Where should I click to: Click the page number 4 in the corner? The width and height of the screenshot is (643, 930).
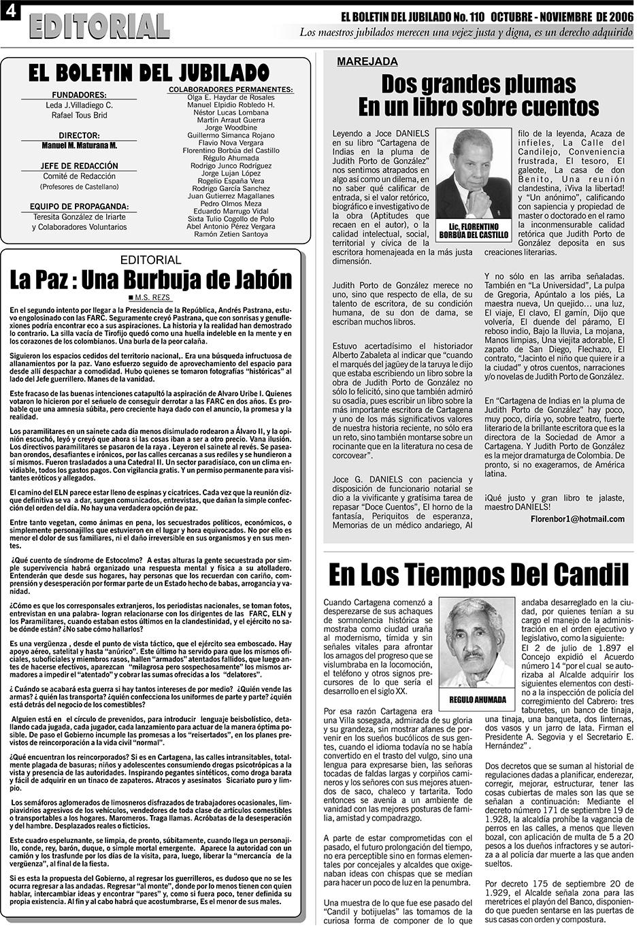tap(10, 12)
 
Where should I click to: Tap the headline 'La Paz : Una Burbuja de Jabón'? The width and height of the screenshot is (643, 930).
tap(150, 280)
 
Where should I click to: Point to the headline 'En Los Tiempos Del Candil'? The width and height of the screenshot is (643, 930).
tap(478, 575)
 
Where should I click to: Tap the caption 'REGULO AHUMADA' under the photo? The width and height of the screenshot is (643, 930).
tap(478, 699)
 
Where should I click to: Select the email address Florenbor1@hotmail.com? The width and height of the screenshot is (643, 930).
tap(577, 519)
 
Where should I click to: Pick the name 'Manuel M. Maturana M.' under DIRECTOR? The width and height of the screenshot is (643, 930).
tap(79, 146)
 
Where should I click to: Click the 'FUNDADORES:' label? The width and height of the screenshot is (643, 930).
tap(79, 95)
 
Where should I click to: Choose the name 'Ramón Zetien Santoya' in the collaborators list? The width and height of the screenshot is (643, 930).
tap(231, 234)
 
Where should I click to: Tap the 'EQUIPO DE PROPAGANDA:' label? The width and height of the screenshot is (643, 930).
tap(79, 206)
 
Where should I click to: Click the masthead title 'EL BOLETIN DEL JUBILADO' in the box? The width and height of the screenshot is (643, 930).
tap(150, 73)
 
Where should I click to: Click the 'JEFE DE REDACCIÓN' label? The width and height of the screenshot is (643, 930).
tap(79, 166)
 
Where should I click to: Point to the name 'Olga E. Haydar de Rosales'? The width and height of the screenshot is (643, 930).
tap(231, 98)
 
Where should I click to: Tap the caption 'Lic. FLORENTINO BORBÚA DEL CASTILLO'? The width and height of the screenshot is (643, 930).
tap(474, 231)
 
